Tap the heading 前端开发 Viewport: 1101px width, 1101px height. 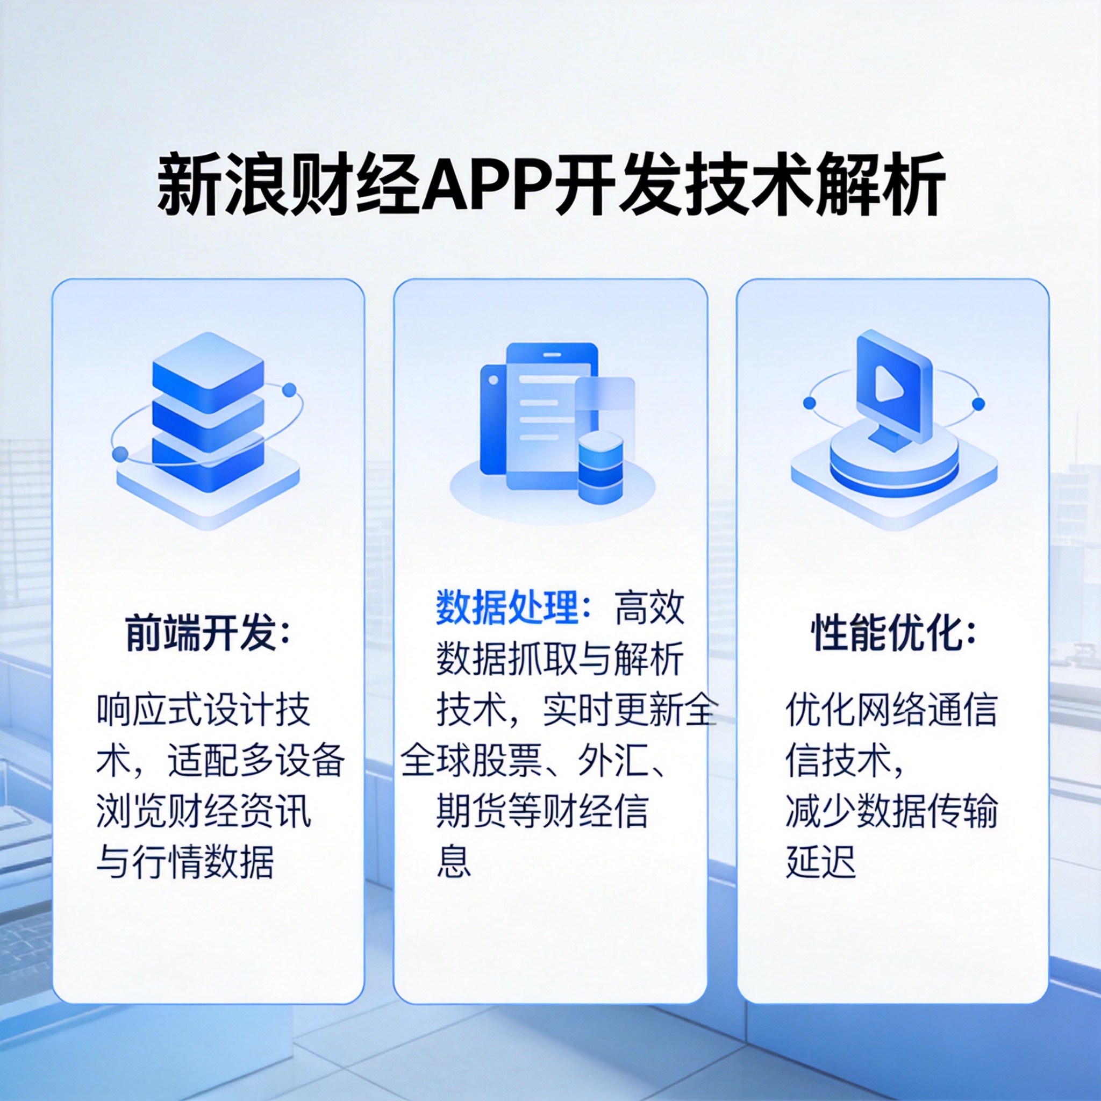click(x=201, y=633)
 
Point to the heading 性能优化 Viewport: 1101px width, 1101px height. click(x=886, y=633)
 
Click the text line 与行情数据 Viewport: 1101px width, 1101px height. click(x=186, y=861)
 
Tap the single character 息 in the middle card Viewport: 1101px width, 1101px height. click(x=454, y=861)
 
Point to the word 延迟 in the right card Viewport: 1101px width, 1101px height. click(x=820, y=861)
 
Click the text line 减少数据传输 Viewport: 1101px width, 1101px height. click(x=891, y=811)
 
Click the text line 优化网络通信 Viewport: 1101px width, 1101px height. click(x=891, y=710)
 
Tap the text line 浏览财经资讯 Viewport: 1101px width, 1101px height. click(x=204, y=811)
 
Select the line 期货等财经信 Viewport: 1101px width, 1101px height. click(x=542, y=811)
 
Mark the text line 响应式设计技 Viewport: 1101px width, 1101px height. click(x=204, y=710)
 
